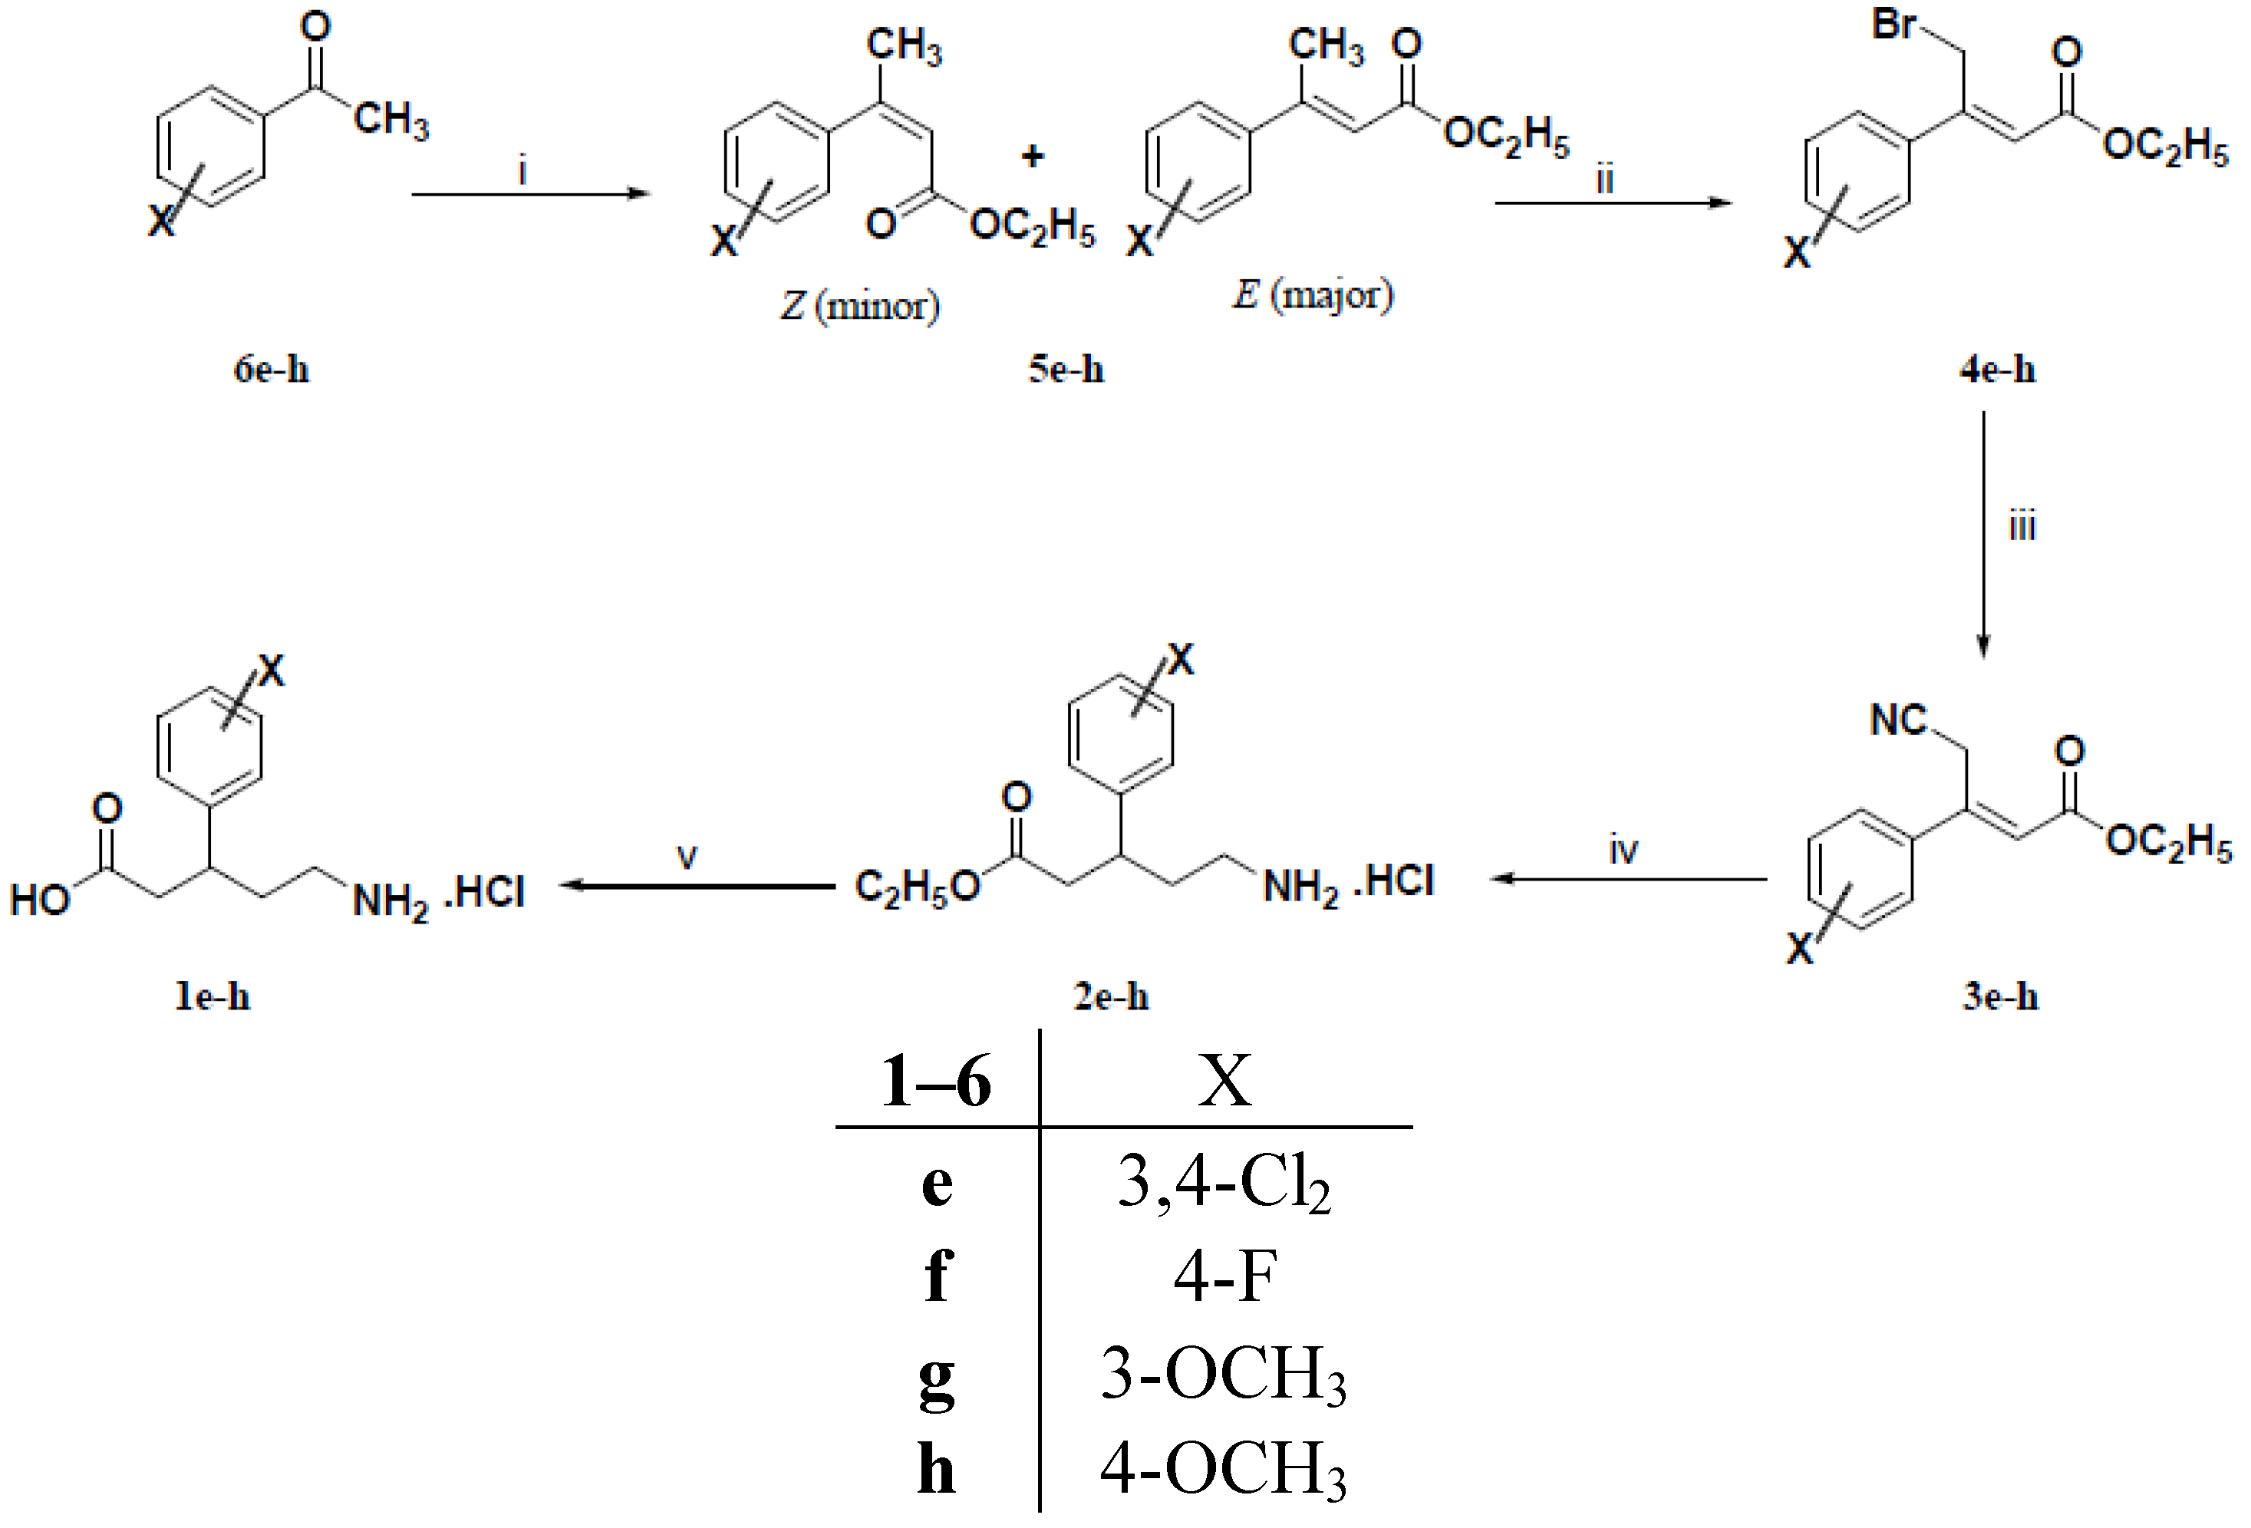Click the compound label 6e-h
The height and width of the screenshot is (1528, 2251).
click(271, 370)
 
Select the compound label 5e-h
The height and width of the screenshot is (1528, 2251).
click(1066, 370)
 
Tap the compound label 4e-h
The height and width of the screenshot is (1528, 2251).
click(1997, 370)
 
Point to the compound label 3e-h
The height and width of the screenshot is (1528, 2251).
click(2000, 996)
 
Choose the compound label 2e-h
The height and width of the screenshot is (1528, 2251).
click(1111, 996)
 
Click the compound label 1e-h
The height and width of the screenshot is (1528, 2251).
click(212, 996)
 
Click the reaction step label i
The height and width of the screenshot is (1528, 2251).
click(523, 171)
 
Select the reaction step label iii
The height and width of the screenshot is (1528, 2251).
click(2022, 525)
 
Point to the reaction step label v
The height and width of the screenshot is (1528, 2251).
click(687, 857)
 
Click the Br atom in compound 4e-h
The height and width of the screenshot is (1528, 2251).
click(1893, 25)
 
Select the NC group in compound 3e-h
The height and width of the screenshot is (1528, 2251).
click(1897, 720)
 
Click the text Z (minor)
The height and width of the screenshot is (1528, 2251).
click(860, 307)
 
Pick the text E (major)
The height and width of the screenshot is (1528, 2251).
click(1313, 295)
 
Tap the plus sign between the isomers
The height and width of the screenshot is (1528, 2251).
click(1033, 156)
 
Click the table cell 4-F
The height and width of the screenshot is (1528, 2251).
click(1224, 1277)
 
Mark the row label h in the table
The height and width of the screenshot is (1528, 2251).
click(937, 1469)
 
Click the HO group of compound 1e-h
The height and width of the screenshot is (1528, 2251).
click(41, 900)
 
